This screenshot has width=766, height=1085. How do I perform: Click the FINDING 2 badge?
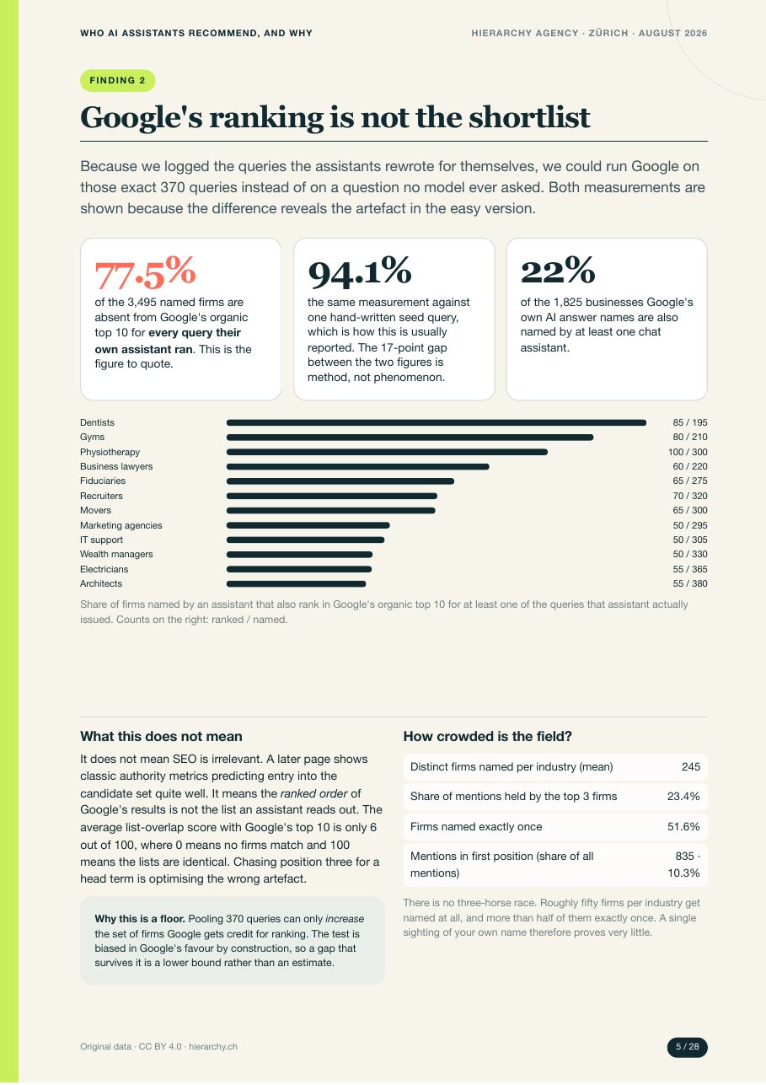tap(118, 80)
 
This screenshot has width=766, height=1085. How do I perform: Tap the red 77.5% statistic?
tap(145, 272)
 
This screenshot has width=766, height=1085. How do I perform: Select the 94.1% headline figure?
tap(359, 271)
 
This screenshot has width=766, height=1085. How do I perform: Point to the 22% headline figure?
tap(557, 271)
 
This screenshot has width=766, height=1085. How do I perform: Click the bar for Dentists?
tap(437, 423)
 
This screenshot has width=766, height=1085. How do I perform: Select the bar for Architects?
tap(297, 583)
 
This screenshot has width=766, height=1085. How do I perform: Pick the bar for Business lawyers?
tap(358, 466)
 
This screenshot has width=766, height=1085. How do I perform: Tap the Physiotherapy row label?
tap(110, 452)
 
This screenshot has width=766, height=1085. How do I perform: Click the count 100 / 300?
tap(688, 452)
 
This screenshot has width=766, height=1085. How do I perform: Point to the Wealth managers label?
tap(116, 554)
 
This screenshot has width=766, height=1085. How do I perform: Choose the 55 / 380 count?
tap(690, 583)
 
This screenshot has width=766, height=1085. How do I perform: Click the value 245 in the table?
tap(691, 767)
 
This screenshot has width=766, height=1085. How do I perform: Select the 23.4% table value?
tap(683, 797)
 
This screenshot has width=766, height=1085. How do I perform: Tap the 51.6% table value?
tap(683, 826)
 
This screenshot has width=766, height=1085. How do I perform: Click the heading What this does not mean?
tap(161, 736)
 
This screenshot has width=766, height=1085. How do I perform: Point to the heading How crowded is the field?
tap(488, 736)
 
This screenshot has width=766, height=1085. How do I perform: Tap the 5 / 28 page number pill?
tap(687, 1047)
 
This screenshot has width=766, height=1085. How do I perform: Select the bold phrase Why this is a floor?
tap(140, 919)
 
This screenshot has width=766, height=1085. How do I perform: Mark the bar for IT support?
tap(306, 540)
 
